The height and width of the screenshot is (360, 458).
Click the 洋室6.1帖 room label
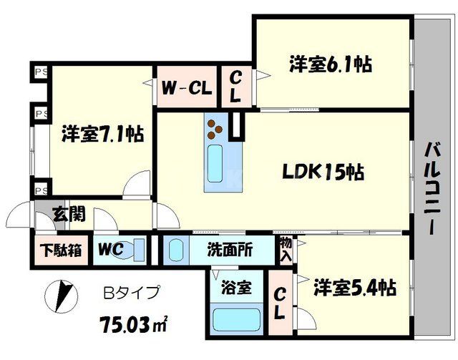point(330,64)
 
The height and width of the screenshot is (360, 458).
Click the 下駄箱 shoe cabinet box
point(59,250)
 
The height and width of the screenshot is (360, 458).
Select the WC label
point(111,250)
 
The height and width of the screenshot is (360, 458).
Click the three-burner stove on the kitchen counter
point(215,128)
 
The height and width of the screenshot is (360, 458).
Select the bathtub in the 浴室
point(237,316)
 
